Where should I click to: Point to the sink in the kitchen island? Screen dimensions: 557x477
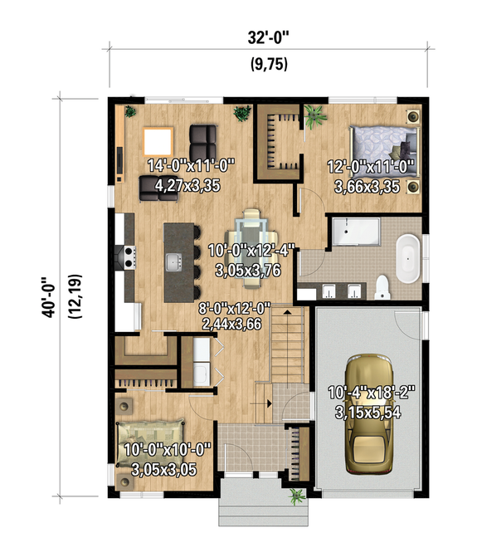pyautogui.click(x=173, y=263)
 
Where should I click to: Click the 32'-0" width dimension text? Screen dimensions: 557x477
pyautogui.click(x=267, y=37)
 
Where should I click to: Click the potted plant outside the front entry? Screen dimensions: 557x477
pyautogui.click(x=295, y=496)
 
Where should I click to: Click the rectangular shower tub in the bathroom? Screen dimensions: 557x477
pyautogui.click(x=355, y=232)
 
